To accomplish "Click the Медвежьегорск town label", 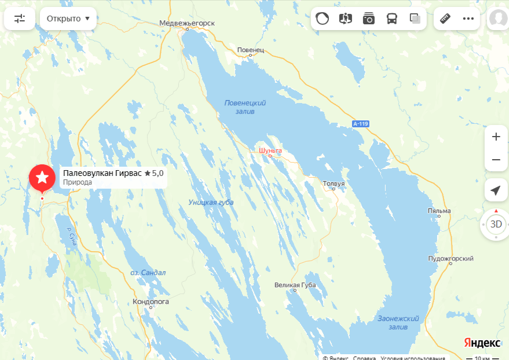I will point(187,23).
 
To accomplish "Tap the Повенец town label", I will point(250,50).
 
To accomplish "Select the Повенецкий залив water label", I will point(245,106).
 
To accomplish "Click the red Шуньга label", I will point(270,150).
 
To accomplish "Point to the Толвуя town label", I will point(334,183).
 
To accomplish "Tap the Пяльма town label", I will point(439,211).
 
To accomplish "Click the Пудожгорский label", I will point(451,259).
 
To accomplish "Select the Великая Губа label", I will point(295,285).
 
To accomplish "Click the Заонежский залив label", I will point(398,323).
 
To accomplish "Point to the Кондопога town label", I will point(151,302).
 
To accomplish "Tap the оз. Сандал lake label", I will point(148,273).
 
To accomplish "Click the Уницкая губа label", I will point(211,202).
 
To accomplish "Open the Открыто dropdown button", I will point(68,19).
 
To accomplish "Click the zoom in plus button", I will point(496,137).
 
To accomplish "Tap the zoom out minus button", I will point(496,160).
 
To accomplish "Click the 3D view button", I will point(496,224).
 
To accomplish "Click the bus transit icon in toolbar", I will point(392,19).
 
